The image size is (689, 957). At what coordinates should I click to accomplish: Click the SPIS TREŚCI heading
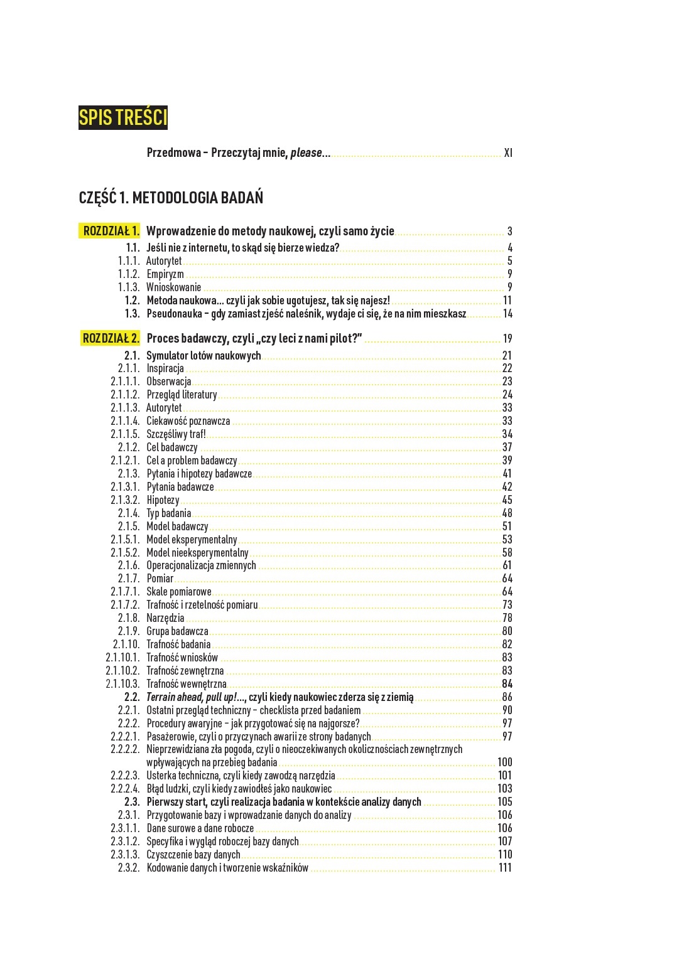123,118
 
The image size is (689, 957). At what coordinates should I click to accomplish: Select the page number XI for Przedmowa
507,152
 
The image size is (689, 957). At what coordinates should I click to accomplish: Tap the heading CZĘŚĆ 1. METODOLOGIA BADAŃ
171,198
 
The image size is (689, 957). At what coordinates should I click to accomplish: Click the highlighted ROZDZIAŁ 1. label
111,231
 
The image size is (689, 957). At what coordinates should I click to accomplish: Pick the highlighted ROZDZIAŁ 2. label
111,338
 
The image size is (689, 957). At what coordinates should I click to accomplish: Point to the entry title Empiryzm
165,274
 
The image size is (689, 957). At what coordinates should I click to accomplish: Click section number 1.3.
132,314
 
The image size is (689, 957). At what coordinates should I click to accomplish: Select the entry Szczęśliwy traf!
176,434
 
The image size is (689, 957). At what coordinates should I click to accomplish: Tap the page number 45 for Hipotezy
507,500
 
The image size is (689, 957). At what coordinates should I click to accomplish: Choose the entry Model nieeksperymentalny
197,553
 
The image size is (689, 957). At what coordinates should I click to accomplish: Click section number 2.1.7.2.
125,605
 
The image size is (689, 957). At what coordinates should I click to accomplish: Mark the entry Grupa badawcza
177,631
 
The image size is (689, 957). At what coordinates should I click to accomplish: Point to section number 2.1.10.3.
122,684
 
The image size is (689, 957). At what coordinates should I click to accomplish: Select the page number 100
504,762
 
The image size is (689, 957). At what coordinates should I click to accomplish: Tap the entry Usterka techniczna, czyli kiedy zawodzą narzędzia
241,776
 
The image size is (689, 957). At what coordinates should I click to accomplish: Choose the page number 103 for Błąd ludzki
504,789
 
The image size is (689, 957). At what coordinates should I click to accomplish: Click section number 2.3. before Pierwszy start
132,802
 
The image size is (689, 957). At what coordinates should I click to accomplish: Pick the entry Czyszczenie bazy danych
193,855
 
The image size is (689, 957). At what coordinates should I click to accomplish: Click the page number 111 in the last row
505,868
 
